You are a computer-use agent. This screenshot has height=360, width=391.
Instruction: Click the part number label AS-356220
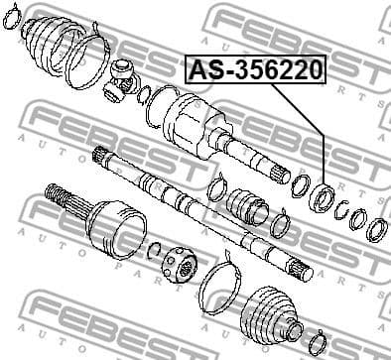[255, 70]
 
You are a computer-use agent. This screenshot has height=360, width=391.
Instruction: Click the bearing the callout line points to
[323, 194]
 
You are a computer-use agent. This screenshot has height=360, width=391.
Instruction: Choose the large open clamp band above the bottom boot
[220, 281]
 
